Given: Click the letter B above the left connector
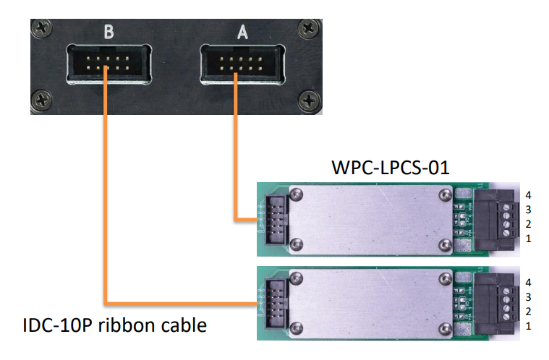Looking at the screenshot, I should click(x=109, y=32).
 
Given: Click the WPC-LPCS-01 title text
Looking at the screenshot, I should click(x=391, y=168).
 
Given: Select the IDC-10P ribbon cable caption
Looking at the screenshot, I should click(x=115, y=325).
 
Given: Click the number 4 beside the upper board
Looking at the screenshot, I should click(x=529, y=194).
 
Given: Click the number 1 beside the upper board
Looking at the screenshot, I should click(x=529, y=239).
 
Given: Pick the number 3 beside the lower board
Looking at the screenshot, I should click(x=529, y=296).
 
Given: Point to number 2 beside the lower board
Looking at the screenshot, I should click(x=529, y=311).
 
